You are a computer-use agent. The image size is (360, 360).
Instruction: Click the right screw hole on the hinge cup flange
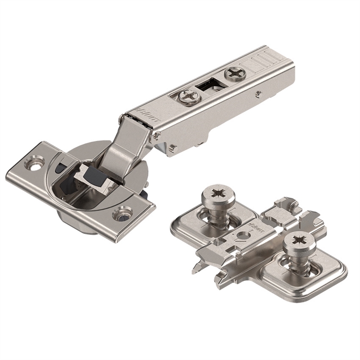[121, 213]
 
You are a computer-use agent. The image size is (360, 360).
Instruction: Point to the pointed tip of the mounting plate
[194, 270]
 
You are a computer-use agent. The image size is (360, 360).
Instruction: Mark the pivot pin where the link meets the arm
[156, 135]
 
